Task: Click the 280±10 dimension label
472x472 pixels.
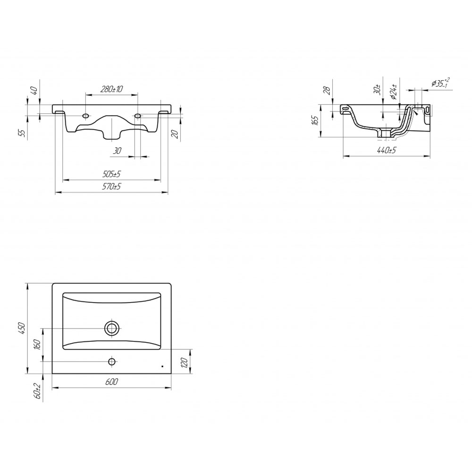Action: tap(111, 89)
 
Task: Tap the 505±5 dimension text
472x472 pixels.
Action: tap(111, 174)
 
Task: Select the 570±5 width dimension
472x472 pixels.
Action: tap(111, 186)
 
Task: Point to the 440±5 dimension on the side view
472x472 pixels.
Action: tap(387, 150)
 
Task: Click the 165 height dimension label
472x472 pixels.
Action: tap(315, 120)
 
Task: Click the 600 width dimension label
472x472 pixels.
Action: tap(112, 382)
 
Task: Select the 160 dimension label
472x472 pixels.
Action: tap(37, 345)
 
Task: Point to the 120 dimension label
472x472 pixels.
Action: tap(185, 363)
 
